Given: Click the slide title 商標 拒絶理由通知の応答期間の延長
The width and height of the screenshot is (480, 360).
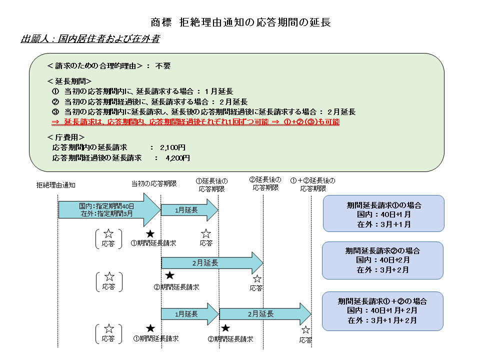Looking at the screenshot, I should (x=240, y=22).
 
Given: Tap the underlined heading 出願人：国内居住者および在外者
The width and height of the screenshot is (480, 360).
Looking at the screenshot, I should (x=90, y=38).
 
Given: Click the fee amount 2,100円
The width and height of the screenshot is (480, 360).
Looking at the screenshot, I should (x=172, y=147).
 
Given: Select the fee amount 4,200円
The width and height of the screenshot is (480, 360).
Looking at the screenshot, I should (x=177, y=158).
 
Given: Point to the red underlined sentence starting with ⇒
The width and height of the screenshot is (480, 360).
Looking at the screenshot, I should (x=195, y=122).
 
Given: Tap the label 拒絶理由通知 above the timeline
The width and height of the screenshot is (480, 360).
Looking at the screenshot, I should (x=56, y=185).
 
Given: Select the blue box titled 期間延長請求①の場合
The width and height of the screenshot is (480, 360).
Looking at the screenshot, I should (x=383, y=214).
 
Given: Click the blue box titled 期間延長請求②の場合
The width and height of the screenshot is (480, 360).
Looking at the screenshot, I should (x=382, y=260).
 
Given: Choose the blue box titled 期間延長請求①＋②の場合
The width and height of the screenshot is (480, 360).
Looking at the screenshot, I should (x=382, y=310).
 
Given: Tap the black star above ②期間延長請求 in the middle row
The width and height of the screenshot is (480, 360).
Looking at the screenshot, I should (x=169, y=275).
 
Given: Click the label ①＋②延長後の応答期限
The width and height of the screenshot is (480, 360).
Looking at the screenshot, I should (x=313, y=184).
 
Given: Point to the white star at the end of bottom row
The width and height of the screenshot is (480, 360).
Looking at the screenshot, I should (x=305, y=329).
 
